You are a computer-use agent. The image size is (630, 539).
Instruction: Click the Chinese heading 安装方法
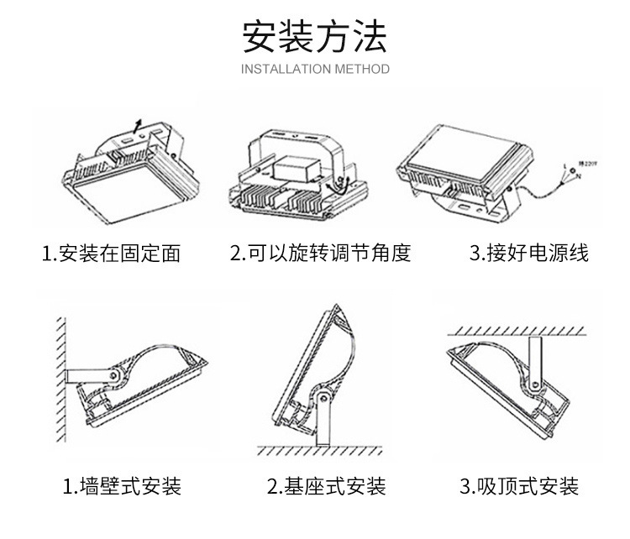(x=315, y=34)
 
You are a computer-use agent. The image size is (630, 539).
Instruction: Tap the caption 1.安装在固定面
(x=112, y=253)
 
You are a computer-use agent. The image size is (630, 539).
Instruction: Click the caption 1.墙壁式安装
(x=122, y=484)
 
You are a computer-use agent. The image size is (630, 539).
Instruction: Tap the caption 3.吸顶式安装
(x=519, y=484)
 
